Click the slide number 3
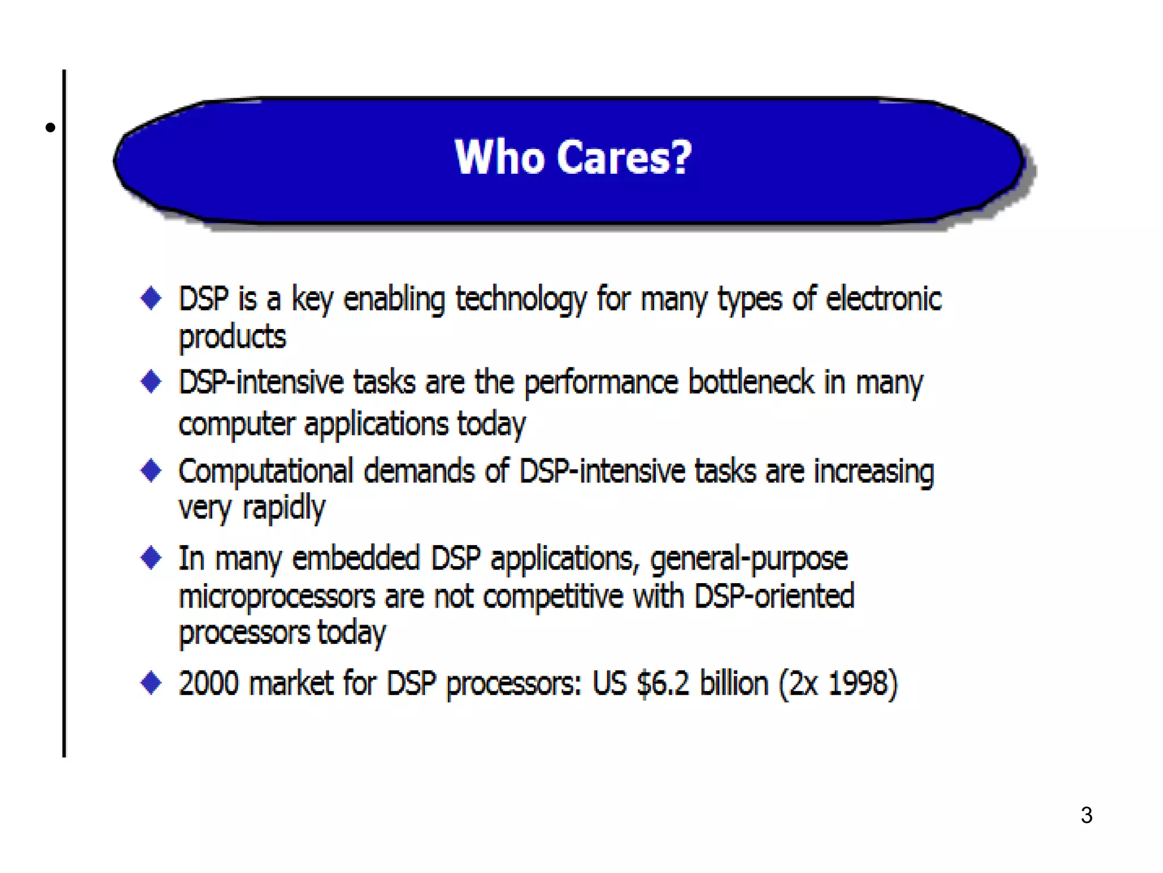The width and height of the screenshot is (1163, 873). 1086,815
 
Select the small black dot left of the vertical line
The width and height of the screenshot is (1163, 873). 51,127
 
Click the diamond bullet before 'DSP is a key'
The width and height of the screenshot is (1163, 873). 151,298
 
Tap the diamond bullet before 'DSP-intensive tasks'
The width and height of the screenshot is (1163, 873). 151,381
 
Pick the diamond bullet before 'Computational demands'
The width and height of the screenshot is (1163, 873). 151,471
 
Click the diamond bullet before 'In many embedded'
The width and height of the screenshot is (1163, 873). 151,558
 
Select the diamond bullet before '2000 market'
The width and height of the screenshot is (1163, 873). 151,682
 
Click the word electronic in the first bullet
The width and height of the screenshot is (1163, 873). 884,299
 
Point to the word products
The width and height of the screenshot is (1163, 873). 232,337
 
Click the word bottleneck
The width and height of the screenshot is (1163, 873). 751,382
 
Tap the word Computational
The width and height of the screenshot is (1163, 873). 266,472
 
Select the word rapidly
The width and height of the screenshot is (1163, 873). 284,508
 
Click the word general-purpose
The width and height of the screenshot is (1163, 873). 748,559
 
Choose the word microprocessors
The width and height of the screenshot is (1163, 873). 277,597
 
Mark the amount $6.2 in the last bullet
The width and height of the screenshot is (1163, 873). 663,683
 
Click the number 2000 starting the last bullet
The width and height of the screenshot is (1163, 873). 208,683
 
